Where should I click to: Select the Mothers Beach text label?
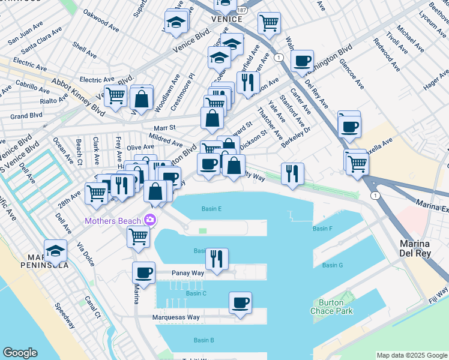click(x=113, y=221)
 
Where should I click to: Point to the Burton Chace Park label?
click(x=331, y=307)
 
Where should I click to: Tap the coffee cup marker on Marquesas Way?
click(x=240, y=303)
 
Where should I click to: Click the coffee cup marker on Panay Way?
click(x=143, y=272)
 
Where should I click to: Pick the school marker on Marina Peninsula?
click(x=56, y=251)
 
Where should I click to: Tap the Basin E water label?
click(x=211, y=209)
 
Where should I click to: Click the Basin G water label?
click(x=332, y=265)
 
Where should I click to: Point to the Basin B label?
click(x=203, y=340)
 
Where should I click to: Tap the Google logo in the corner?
click(x=20, y=353)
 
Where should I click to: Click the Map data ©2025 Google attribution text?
click(x=411, y=355)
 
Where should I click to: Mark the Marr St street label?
click(x=164, y=128)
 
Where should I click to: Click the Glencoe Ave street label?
click(x=351, y=74)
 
